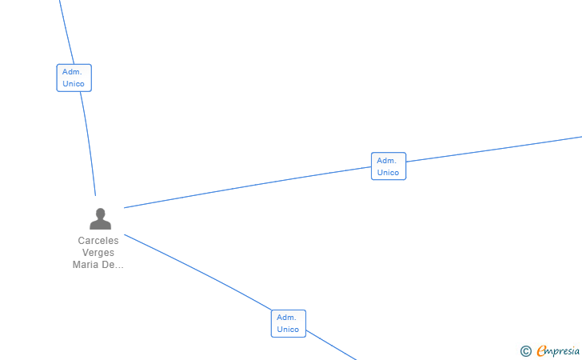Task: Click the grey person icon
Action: tap(101, 219)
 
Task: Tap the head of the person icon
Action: tap(101, 214)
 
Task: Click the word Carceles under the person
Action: tap(98, 241)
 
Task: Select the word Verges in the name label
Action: tap(98, 253)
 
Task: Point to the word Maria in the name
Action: tap(86, 265)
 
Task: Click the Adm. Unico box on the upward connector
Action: tap(74, 78)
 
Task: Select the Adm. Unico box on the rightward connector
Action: tap(389, 166)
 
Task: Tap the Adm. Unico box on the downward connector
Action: tap(288, 323)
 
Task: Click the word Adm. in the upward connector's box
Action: tap(73, 72)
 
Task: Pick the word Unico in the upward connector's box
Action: tap(74, 84)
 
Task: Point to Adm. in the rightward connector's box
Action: tap(388, 161)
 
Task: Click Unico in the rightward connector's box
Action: tap(389, 173)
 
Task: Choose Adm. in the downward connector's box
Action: tap(287, 318)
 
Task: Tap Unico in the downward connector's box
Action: tap(288, 330)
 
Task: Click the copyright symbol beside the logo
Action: tap(525, 350)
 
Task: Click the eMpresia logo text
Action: tap(559, 350)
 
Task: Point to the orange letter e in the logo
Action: tap(541, 350)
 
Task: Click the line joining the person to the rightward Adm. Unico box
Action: tap(248, 187)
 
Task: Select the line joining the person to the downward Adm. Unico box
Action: tap(200, 272)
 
